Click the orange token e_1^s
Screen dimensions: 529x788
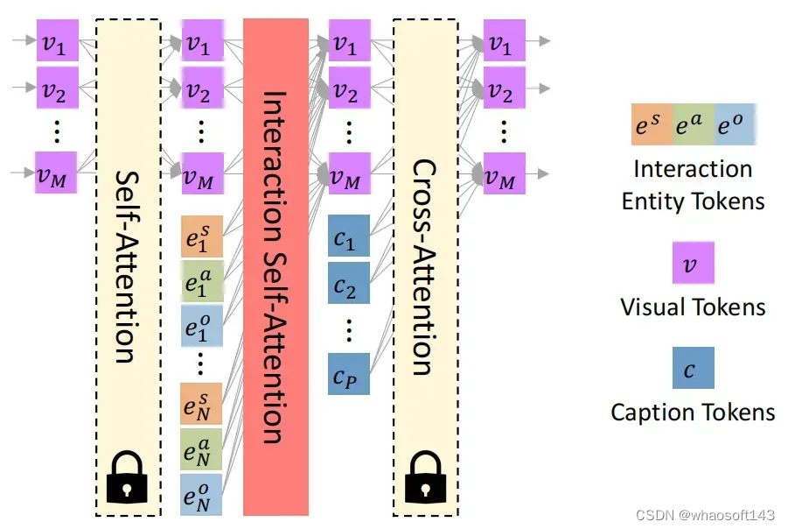(201, 236)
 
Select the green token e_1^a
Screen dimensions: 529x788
(201, 282)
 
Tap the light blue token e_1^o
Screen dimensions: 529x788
(201, 328)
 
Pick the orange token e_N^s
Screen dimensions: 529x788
(201, 404)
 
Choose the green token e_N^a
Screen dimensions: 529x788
(201, 449)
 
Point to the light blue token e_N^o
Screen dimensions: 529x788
(201, 495)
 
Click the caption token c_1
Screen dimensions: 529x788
(349, 236)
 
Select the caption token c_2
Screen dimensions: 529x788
(349, 282)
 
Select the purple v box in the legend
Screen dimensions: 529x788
(694, 264)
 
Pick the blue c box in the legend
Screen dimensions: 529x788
(694, 368)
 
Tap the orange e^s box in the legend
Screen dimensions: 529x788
(652, 124)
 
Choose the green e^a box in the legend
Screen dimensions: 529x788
(694, 124)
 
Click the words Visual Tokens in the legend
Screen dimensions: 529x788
(693, 307)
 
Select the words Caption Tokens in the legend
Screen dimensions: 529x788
(693, 412)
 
